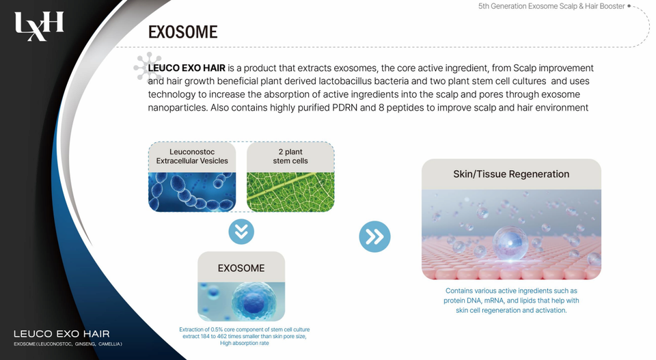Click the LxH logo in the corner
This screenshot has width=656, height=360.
click(x=39, y=27)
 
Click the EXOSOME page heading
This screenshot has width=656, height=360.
click(x=183, y=32)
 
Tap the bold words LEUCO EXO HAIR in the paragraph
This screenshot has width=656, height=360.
click(x=187, y=68)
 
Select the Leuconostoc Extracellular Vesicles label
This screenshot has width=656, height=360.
click(x=192, y=156)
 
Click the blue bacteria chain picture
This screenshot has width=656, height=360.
click(x=192, y=192)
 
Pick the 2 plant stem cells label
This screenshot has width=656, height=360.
click(x=290, y=156)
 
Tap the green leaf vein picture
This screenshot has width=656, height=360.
click(x=290, y=192)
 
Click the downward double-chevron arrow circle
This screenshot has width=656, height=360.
click(x=241, y=232)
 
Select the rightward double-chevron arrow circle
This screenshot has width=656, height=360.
click(x=374, y=236)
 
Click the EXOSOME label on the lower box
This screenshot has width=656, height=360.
click(x=241, y=268)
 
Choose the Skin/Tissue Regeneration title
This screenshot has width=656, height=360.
click(x=511, y=174)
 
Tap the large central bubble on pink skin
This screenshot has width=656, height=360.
click(x=510, y=243)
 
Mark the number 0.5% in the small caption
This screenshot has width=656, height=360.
click(x=217, y=329)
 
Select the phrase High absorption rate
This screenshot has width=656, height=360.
click(x=245, y=344)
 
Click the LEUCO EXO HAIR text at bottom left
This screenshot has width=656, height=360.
click(x=61, y=334)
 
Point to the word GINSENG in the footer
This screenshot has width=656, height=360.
click(x=85, y=344)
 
